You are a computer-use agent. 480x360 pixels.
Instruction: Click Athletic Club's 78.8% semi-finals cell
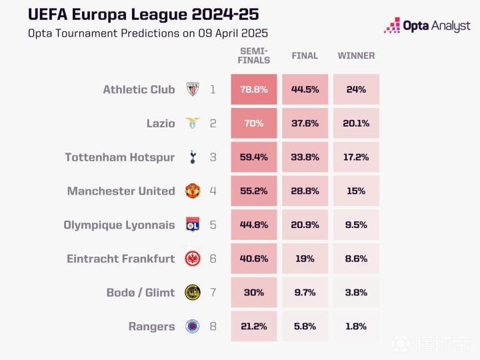254,89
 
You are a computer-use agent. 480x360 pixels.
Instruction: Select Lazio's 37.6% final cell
305,123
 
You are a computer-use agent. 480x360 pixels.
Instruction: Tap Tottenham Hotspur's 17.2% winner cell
356,157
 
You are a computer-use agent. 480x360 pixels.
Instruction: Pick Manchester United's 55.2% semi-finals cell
254,191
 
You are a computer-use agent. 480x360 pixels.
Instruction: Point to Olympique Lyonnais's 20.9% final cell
305,225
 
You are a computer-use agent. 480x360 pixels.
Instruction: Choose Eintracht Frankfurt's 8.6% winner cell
356,259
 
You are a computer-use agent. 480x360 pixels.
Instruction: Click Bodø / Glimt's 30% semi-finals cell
254,293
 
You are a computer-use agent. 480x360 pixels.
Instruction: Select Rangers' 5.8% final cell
305,327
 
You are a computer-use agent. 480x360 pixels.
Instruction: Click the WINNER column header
356,56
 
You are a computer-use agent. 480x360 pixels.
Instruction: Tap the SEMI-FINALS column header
254,56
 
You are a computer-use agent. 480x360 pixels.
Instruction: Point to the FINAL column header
305,56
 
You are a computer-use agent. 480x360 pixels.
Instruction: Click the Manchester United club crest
193,191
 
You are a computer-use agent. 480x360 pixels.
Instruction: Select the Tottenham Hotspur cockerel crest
193,157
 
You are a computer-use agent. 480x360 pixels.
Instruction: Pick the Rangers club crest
193,327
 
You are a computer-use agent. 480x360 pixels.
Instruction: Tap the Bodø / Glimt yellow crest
193,293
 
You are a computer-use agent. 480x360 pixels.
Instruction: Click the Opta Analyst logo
427,26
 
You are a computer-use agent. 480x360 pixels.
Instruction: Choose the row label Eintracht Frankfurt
121,259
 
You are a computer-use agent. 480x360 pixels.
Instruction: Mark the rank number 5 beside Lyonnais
213,225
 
